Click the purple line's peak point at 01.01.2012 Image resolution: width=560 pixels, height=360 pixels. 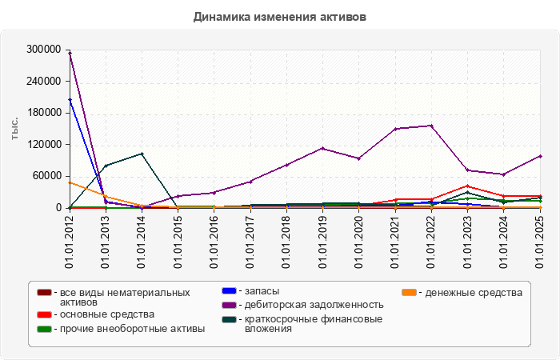point(70,53)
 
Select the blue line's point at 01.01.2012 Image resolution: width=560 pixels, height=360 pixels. point(70,100)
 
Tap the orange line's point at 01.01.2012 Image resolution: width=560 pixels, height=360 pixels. point(70,182)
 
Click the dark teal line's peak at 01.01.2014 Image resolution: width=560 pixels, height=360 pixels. point(142,154)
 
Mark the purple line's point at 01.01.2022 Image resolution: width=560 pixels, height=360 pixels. point(431,126)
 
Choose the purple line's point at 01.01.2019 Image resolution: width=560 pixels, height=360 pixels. point(323,148)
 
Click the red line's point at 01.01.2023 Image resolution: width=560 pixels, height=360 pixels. point(467,186)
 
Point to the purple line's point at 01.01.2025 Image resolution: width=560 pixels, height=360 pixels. point(540,156)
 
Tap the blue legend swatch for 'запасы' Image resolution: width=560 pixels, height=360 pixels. point(227,291)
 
